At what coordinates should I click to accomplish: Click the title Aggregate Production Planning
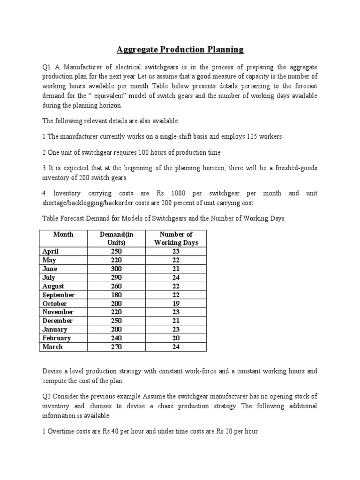[x=180, y=50]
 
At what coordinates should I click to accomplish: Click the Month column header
[x=63, y=234]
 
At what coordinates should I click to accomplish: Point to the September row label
[x=58, y=295]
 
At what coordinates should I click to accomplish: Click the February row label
[x=56, y=338]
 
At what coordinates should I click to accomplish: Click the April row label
[x=50, y=251]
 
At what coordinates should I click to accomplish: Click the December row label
[x=58, y=321]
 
